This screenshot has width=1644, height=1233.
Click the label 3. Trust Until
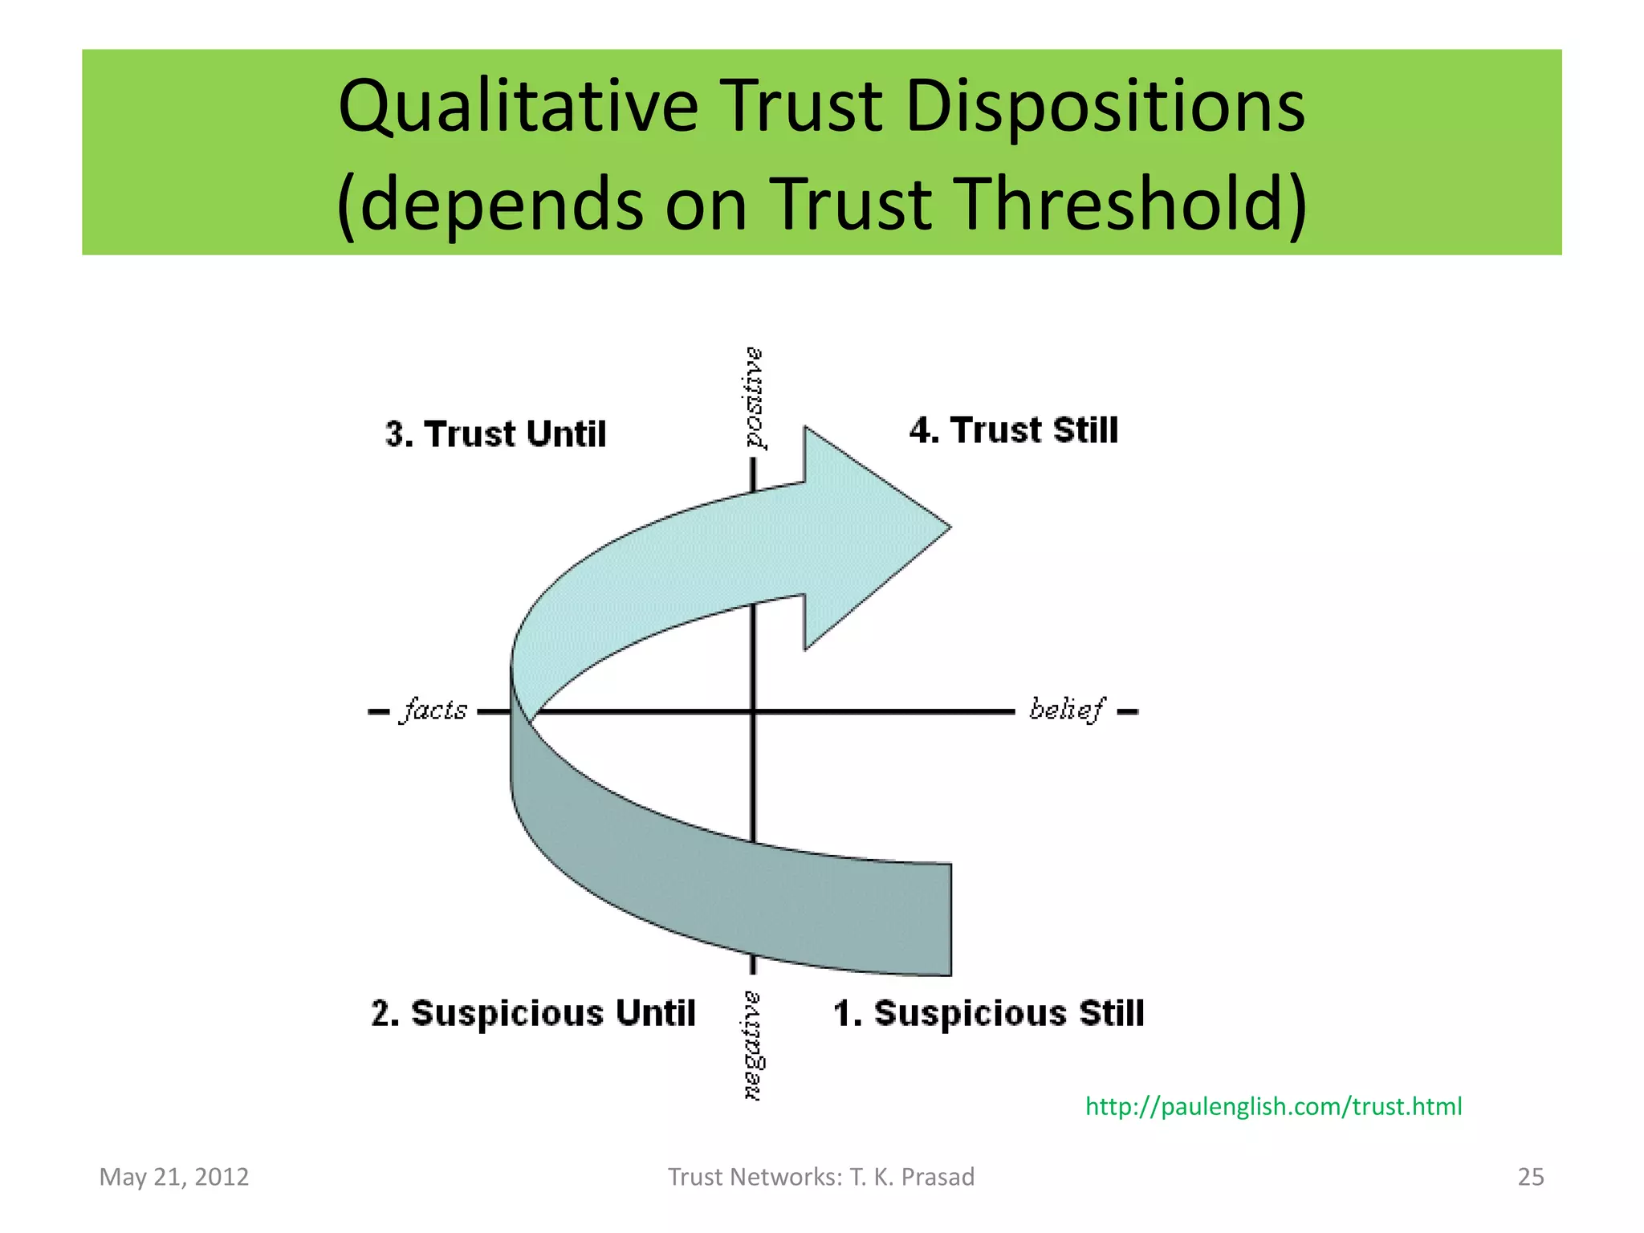[495, 434]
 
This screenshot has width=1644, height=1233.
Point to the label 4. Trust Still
[1013, 430]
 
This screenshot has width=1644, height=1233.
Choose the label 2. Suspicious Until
[533, 1013]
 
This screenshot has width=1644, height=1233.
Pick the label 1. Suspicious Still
[988, 1013]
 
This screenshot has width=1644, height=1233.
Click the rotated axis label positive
[753, 398]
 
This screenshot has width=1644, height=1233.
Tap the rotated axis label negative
[753, 1045]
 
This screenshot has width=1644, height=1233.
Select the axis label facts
[433, 710]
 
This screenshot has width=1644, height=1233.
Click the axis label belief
[1066, 710]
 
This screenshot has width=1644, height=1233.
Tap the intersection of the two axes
[753, 711]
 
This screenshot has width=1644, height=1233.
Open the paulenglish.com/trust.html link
[1273, 1107]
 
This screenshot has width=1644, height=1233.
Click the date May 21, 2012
[174, 1177]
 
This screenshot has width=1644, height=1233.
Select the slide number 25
[1530, 1177]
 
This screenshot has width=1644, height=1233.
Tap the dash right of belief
[1127, 711]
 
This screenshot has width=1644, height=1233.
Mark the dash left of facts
[378, 711]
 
